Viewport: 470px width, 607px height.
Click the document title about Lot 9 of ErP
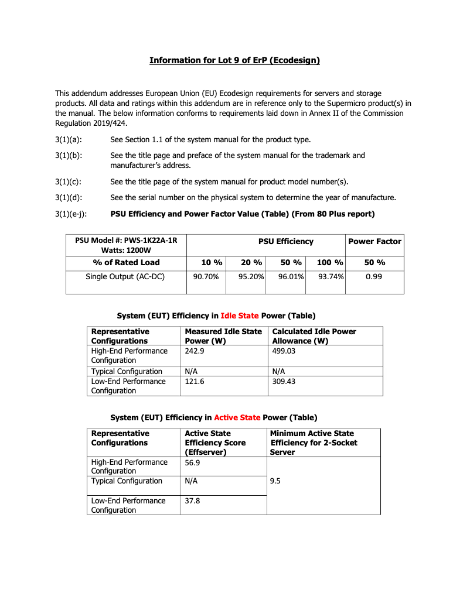234,60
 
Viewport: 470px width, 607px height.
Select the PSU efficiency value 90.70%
206,276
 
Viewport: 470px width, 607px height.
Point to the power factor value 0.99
374,276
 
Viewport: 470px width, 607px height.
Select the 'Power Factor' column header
374,241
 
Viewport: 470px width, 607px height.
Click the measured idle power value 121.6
195,381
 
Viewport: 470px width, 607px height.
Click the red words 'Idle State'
239,315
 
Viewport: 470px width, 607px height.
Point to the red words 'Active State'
237,417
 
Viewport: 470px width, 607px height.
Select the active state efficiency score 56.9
193,462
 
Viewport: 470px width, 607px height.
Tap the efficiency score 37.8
193,500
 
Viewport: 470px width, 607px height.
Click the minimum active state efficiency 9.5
275,481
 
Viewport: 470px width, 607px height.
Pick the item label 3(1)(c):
67,181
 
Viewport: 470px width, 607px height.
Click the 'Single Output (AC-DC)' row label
125,276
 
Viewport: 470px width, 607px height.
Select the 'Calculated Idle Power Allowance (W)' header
314,336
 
